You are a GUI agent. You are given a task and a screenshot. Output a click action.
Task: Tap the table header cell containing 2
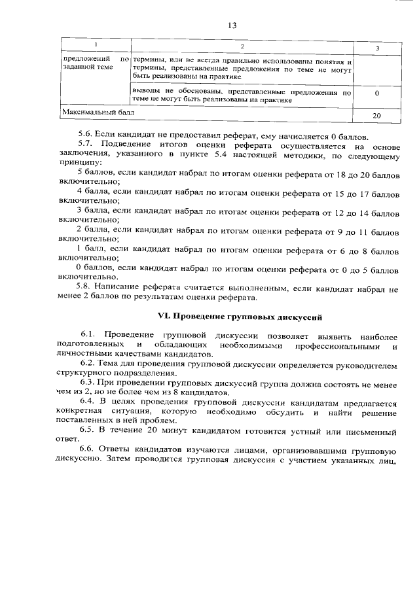pyautogui.click(x=242, y=46)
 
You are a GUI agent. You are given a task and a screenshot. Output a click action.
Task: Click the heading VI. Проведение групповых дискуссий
pyautogui.click(x=240, y=317)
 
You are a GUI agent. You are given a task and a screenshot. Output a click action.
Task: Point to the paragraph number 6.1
pyautogui.click(x=90, y=335)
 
